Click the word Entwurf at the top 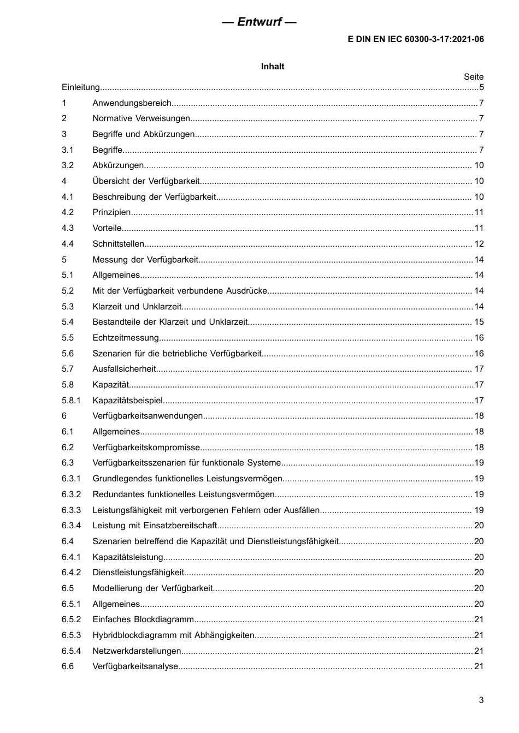[259, 22]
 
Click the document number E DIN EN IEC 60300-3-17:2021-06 [416, 39]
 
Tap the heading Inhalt [273, 67]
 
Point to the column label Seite [474, 77]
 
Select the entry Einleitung [81, 87]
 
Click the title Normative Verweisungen [141, 118]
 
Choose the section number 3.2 [67, 165]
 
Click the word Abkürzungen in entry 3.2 [118, 165]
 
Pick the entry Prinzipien [111, 212]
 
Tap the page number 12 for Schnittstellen [479, 244]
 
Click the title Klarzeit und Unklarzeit [136, 307]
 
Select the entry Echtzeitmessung [126, 338]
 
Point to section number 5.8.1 [71, 401]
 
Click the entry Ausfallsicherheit [124, 369]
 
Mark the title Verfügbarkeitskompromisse [146, 448]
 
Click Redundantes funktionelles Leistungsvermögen [184, 494]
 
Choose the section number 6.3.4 [71, 526]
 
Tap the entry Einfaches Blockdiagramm [143, 619]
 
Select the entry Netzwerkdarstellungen [137, 651]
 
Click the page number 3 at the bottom [481, 700]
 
